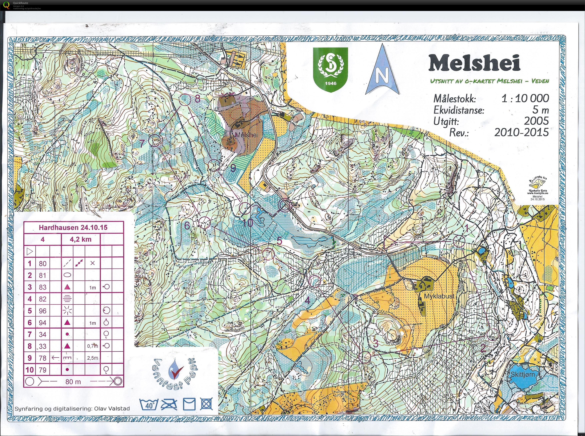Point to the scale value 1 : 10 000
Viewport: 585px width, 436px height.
525,99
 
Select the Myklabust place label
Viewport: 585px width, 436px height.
439,296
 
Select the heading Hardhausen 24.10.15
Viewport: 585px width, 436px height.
73,228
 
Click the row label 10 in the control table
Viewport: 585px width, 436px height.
30,370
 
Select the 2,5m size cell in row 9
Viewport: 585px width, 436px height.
92,358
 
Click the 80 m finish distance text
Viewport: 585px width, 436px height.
73,382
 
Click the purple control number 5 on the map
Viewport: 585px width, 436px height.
279,241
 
